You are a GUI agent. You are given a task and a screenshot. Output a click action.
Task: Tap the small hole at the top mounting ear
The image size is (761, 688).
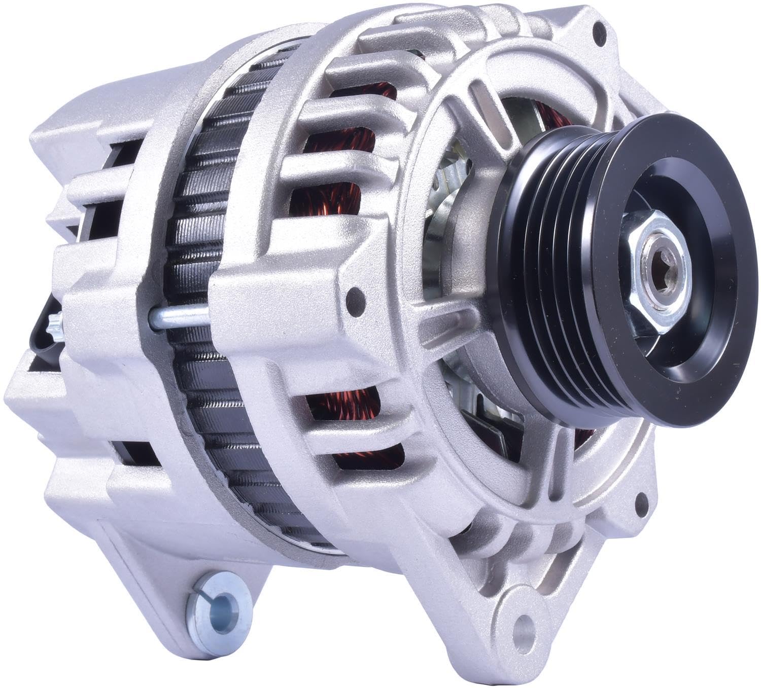click(x=602, y=27)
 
